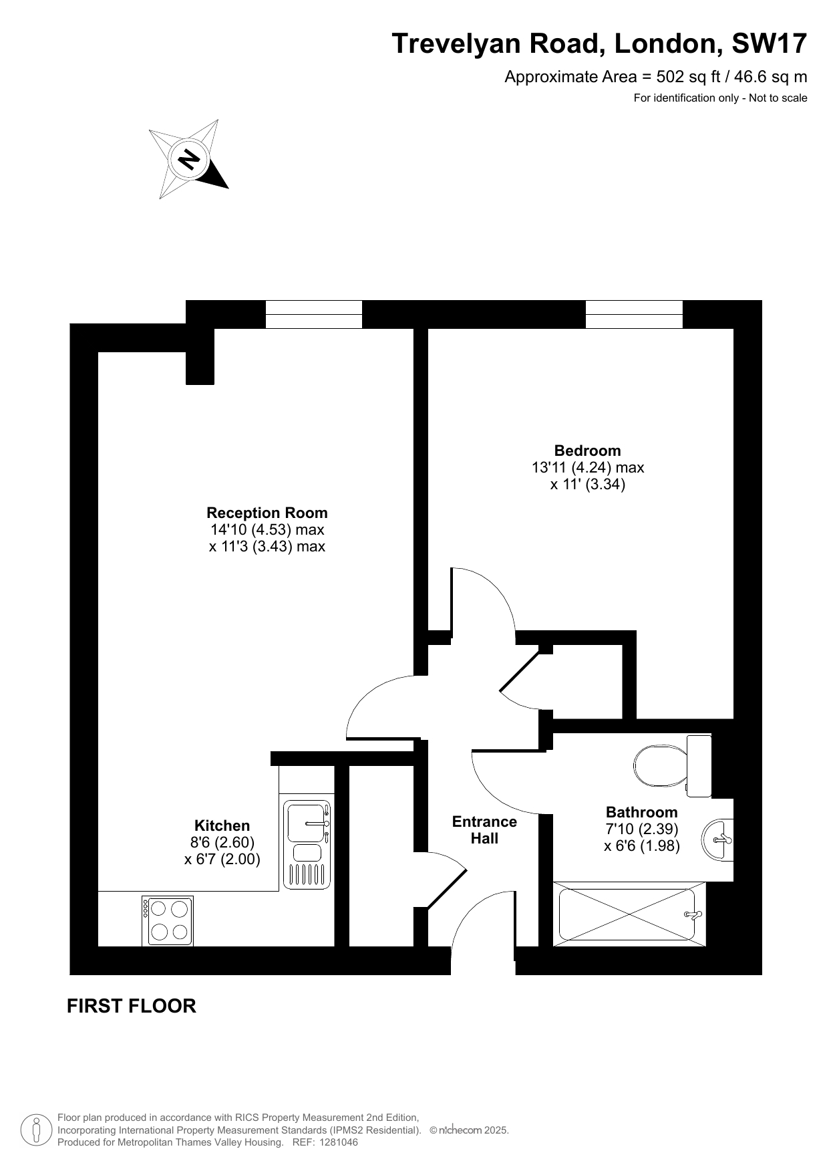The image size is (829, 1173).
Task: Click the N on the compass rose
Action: pyautogui.click(x=188, y=160)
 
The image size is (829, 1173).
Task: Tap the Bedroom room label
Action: pyautogui.click(x=587, y=450)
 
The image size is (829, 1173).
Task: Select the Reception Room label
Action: pyautogui.click(x=267, y=513)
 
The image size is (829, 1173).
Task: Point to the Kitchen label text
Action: pyautogui.click(x=222, y=825)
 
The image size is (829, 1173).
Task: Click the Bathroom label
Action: pyautogui.click(x=641, y=812)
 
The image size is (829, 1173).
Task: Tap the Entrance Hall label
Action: pyautogui.click(x=484, y=830)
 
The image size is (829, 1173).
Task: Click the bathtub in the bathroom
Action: pyautogui.click(x=630, y=914)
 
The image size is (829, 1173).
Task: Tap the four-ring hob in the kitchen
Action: pyautogui.click(x=168, y=921)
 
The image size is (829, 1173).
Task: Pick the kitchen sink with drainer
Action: pyautogui.click(x=307, y=845)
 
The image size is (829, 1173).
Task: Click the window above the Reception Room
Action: pyautogui.click(x=314, y=314)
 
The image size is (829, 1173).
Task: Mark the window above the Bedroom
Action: pyautogui.click(x=634, y=314)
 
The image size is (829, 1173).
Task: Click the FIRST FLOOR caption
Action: pyautogui.click(x=132, y=1006)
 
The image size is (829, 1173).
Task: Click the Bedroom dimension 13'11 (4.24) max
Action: pyautogui.click(x=588, y=467)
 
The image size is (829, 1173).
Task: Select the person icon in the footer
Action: pyautogui.click(x=37, y=1130)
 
